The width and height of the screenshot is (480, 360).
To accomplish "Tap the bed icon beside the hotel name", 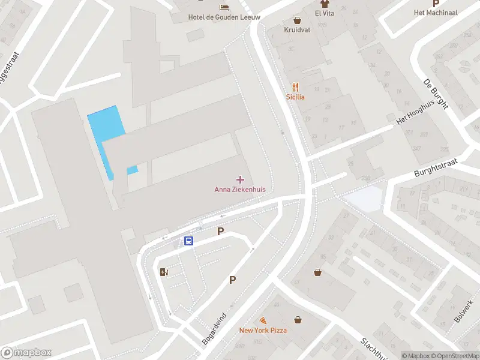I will [x=224, y=7].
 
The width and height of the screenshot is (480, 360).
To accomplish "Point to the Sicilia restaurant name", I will [x=295, y=97].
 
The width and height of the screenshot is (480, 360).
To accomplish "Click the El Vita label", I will [x=324, y=13].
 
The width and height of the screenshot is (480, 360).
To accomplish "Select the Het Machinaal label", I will [x=436, y=13].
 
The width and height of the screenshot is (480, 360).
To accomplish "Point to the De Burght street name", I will [x=436, y=95].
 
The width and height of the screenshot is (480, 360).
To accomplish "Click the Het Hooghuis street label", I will [x=415, y=112].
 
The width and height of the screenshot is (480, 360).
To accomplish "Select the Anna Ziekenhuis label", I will [x=240, y=190].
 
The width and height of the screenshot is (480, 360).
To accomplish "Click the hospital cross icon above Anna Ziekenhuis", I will [x=241, y=179].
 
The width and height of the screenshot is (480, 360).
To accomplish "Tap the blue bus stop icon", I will [x=188, y=241].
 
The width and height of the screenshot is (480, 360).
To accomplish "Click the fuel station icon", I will [x=164, y=272].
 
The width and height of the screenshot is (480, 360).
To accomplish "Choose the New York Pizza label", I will [x=263, y=330].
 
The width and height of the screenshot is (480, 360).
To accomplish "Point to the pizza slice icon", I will [x=263, y=321].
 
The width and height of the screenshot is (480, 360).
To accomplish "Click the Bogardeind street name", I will [x=214, y=328].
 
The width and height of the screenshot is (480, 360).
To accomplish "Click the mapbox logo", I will [x=26, y=353].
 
